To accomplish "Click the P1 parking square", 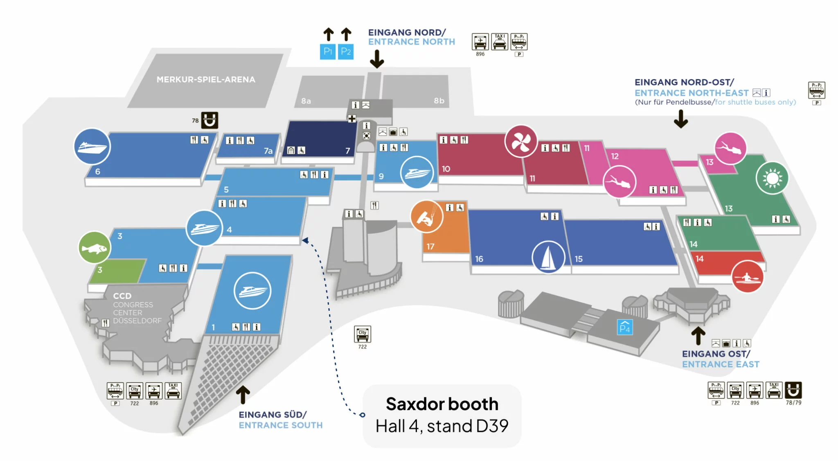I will (x=327, y=52).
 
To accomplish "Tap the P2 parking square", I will (x=346, y=52).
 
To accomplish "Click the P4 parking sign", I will (x=625, y=327).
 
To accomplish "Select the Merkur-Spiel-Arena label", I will (x=206, y=79).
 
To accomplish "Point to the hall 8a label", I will (x=306, y=101).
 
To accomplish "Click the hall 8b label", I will (x=439, y=100).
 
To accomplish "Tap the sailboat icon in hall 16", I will (x=548, y=257).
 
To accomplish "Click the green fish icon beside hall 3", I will (x=94, y=248).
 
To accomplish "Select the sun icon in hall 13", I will (x=772, y=178).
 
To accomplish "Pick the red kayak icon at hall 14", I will (x=747, y=277).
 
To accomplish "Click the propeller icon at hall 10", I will (x=521, y=142).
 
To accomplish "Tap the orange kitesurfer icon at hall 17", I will (x=427, y=217).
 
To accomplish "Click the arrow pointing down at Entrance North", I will (x=377, y=59).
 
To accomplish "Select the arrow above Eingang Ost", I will (x=698, y=336).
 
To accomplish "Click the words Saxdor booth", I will (x=442, y=404).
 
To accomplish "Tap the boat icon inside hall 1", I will (x=252, y=291).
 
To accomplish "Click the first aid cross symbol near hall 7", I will (x=352, y=119).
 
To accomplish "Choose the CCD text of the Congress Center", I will (x=122, y=296).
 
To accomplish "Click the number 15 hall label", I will (x=579, y=259).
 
